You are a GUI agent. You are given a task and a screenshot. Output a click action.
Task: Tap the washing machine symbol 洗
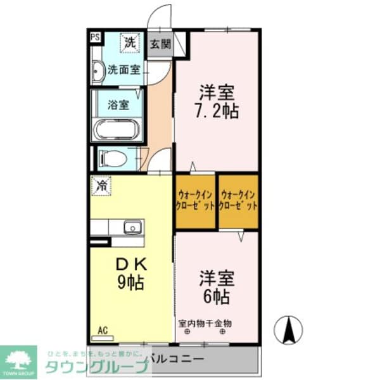coord(130,43)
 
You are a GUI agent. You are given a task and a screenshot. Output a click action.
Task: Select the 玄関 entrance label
coord(161,44)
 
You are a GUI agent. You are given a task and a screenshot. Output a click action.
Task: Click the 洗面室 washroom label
coord(124,70)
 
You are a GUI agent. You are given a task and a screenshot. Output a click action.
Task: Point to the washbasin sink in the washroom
coord(98,72)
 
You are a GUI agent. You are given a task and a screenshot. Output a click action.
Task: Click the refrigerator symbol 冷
coord(101,186)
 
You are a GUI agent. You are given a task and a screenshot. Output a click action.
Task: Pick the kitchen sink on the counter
coord(134,227)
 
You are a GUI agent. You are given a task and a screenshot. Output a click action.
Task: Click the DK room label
coord(130,263)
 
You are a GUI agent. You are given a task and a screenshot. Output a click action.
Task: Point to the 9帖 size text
coord(131,282)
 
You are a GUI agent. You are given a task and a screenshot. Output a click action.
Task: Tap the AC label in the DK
coord(102,330)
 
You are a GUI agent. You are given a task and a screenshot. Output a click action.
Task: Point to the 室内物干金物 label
coord(205,323)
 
